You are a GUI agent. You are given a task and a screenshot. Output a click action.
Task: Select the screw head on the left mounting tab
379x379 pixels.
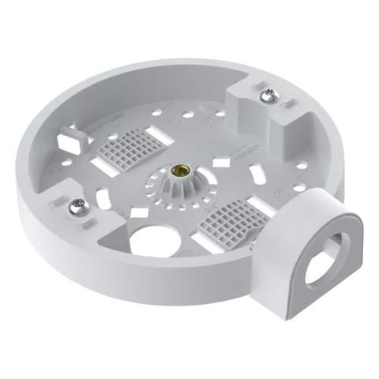tap(77, 207)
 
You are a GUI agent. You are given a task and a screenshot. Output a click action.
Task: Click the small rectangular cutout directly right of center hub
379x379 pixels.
tap(221, 162)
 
